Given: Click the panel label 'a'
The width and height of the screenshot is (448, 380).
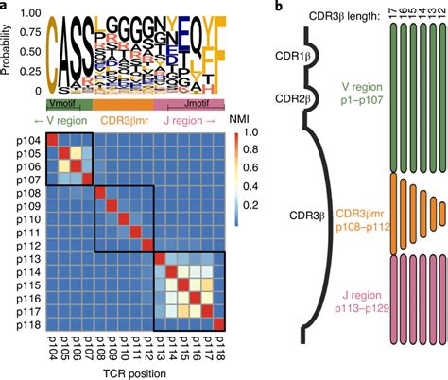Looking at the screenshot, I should click(5, 7).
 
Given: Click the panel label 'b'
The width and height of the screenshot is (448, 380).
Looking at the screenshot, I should click(278, 7).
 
